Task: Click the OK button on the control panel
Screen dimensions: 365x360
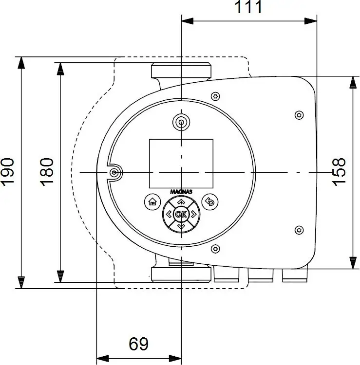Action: pos(181,214)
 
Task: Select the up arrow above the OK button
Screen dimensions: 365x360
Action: pos(181,201)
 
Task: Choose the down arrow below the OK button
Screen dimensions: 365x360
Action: pos(181,226)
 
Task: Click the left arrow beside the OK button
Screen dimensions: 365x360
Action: pos(169,214)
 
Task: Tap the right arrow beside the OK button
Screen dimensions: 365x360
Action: pos(193,214)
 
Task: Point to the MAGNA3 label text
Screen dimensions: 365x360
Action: pos(181,192)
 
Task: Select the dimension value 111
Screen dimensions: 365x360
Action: pos(248,7)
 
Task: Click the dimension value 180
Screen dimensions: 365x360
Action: pos(47,171)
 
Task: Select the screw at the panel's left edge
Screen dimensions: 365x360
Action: pos(114,172)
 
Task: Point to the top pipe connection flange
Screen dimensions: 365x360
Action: pos(181,72)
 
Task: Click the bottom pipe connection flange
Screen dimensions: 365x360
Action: pos(181,274)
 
